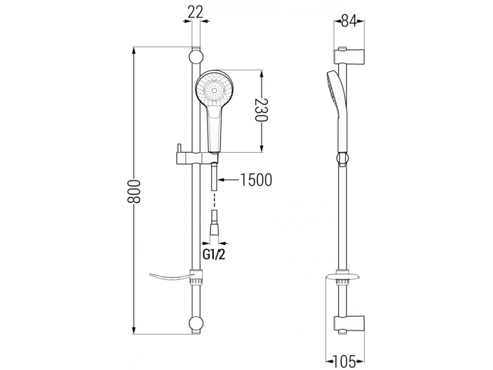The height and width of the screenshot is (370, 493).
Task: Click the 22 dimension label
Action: [x=195, y=12]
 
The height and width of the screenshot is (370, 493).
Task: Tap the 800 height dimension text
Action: [x=135, y=191]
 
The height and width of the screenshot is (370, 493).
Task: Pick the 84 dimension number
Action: [x=350, y=21]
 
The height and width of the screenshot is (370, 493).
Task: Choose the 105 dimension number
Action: [x=345, y=359]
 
